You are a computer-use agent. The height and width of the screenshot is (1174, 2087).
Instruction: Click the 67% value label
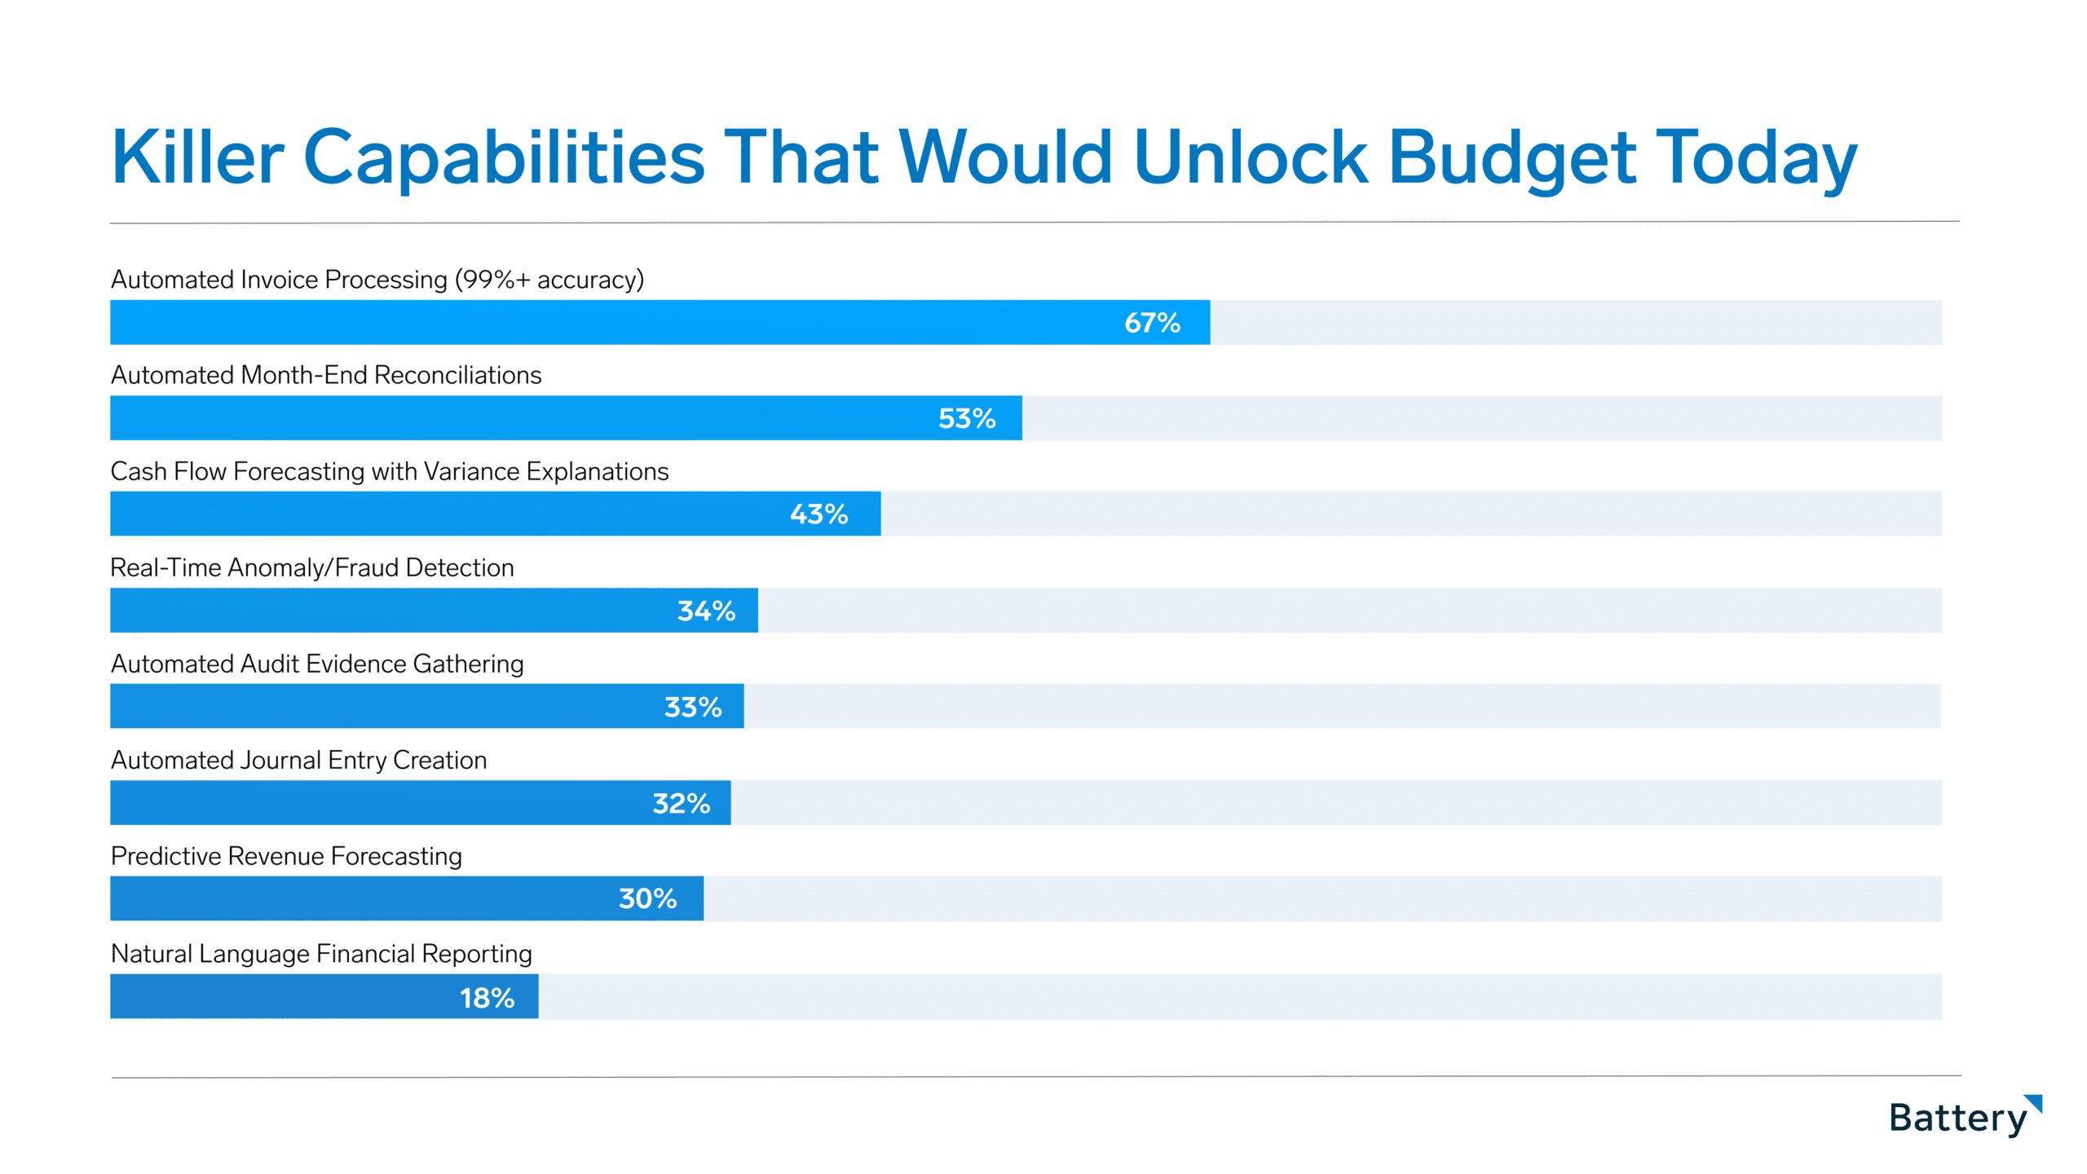pyautogui.click(x=1152, y=323)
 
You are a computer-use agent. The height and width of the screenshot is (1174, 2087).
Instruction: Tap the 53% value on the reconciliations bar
pyautogui.click(x=967, y=419)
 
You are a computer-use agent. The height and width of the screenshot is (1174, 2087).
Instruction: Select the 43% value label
pyautogui.click(x=818, y=514)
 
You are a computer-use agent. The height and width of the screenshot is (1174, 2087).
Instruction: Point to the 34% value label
pyautogui.click(x=706, y=611)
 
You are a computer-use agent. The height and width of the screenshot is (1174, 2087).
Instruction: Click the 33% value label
pyautogui.click(x=693, y=707)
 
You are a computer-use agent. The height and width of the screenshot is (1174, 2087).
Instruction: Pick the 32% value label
pyautogui.click(x=681, y=803)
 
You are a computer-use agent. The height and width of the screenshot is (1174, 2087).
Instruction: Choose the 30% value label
pyautogui.click(x=647, y=898)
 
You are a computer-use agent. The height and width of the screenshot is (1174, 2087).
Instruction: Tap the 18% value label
pyautogui.click(x=487, y=998)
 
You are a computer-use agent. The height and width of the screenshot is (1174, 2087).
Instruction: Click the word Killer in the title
pyautogui.click(x=198, y=157)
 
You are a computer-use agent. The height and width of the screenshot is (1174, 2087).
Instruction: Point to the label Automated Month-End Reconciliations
pyautogui.click(x=326, y=375)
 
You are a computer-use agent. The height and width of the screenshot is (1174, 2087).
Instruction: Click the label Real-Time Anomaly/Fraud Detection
pyautogui.click(x=312, y=567)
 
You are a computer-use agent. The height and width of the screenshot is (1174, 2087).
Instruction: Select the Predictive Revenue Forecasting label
pyautogui.click(x=286, y=856)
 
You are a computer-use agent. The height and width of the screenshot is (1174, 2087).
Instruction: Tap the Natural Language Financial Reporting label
pyautogui.click(x=321, y=954)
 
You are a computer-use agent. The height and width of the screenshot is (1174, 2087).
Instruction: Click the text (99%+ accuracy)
pyautogui.click(x=549, y=280)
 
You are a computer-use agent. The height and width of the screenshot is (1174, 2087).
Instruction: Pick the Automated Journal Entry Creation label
pyautogui.click(x=298, y=760)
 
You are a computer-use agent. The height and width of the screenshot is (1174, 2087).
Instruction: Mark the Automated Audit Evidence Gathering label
pyautogui.click(x=317, y=664)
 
